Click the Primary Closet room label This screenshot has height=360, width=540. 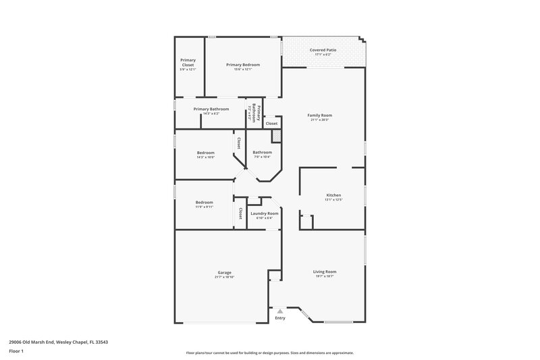tap(188, 61)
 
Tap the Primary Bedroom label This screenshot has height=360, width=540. tap(243, 65)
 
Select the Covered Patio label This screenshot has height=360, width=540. tap(323, 50)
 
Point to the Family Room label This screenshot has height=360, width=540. tap(320, 115)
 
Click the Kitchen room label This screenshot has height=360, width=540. tap(333, 195)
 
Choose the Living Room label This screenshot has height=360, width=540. tap(325, 272)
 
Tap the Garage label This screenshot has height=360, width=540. tap(224, 273)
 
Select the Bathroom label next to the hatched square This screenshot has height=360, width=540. tap(262, 153)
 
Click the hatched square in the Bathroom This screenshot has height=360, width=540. tap(276, 136)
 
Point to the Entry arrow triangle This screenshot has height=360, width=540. tap(280, 311)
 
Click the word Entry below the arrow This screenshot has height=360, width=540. tap(280, 318)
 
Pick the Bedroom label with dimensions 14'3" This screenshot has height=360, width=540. tap(205, 153)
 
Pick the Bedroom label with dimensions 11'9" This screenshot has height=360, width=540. tap(205, 202)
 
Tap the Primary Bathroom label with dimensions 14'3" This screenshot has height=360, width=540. tap(211, 109)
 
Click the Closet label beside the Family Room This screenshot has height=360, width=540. tap(271, 124)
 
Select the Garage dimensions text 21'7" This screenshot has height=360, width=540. tap(224, 278)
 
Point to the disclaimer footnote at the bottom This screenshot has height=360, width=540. tap(270, 353)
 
